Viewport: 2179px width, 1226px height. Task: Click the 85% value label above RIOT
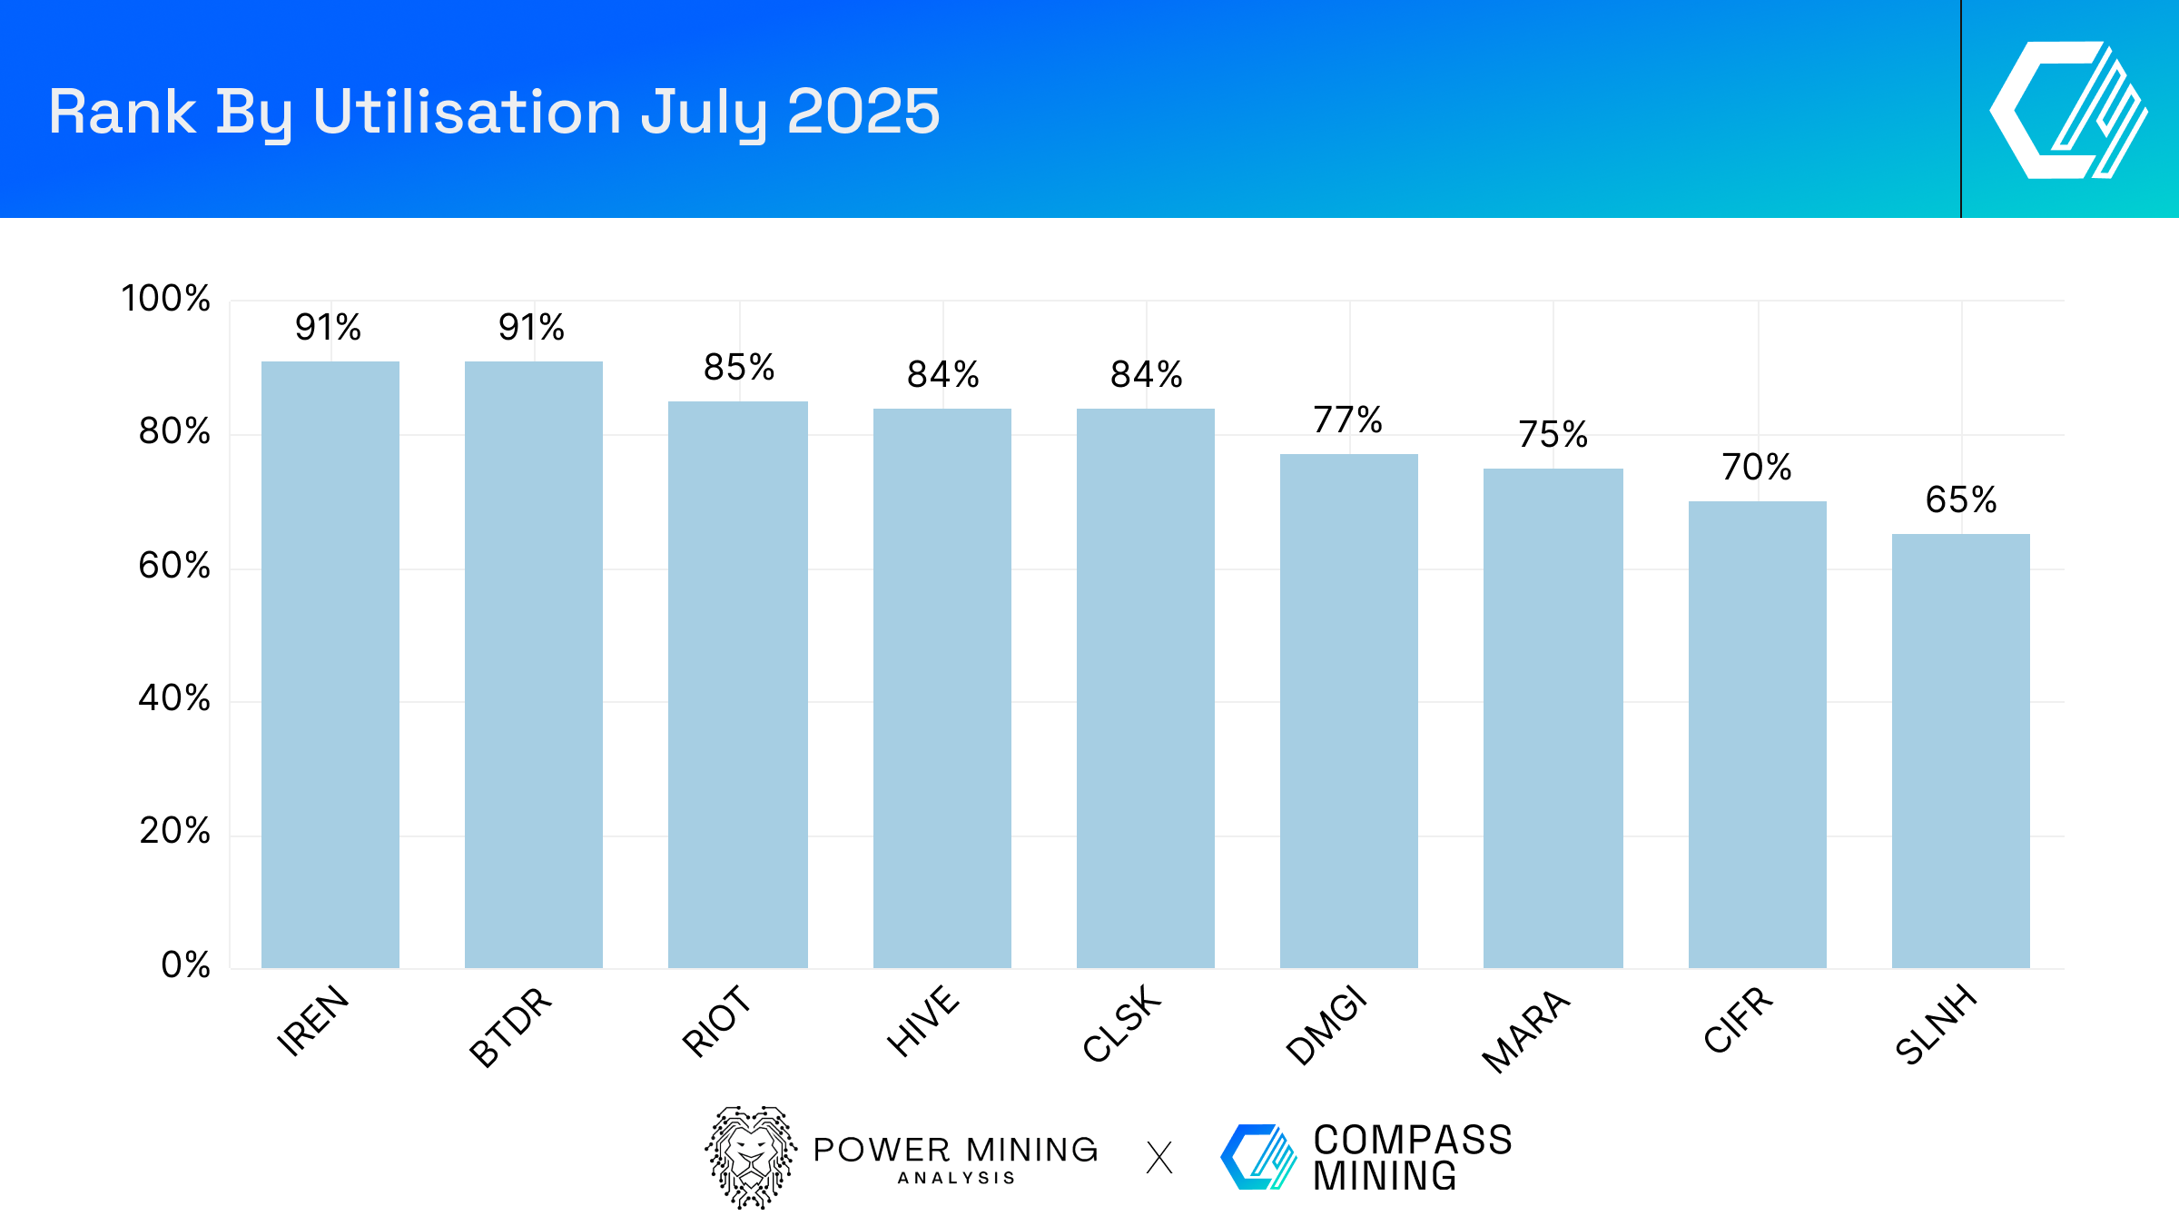pyautogui.click(x=739, y=368)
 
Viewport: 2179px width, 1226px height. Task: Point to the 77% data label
pyautogui.click(x=1348, y=420)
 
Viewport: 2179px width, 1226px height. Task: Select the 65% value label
pyautogui.click(x=1961, y=499)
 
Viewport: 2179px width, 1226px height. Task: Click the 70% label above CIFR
pyautogui.click(x=1757, y=467)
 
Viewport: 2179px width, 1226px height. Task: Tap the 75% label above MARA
pyautogui.click(x=1553, y=434)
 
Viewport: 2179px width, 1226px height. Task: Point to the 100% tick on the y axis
pyautogui.click(x=165, y=299)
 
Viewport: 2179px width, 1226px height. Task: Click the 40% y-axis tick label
pyautogui.click(x=174, y=698)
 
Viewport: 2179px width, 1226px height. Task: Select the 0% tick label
pyautogui.click(x=186, y=964)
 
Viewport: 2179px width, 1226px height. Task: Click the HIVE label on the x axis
pyautogui.click(x=923, y=1021)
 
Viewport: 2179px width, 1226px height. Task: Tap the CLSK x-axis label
pyautogui.click(x=1122, y=1023)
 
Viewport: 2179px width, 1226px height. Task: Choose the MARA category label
pyautogui.click(x=1526, y=1031)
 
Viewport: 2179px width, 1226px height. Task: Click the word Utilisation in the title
pyautogui.click(x=467, y=113)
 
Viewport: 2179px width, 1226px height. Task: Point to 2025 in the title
pyautogui.click(x=863, y=113)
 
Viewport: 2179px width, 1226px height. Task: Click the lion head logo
pyautogui.click(x=751, y=1157)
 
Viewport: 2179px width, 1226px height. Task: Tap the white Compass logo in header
pyautogui.click(x=2069, y=110)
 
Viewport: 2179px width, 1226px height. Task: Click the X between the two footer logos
pyautogui.click(x=1159, y=1158)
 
